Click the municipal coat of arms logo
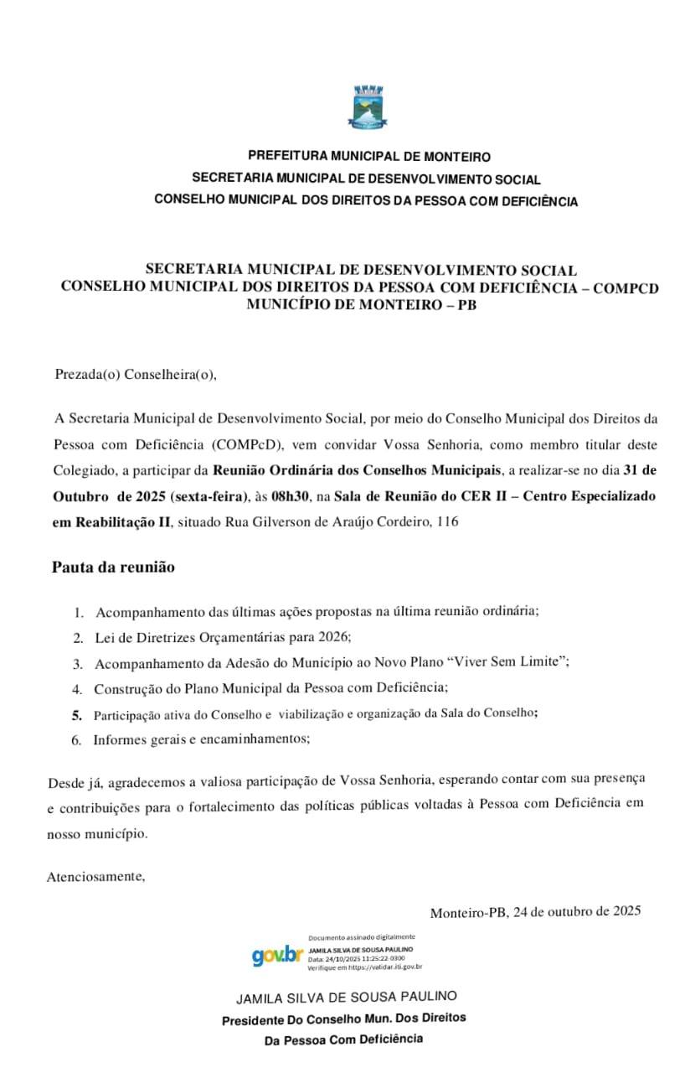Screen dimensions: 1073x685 [366, 107]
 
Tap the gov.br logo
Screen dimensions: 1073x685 [277, 955]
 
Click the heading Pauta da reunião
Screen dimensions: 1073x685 [113, 568]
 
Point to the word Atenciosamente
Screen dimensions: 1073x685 [96, 877]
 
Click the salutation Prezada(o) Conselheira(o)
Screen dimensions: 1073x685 [136, 375]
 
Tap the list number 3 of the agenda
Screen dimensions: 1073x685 [77, 664]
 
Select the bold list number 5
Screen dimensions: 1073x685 [77, 715]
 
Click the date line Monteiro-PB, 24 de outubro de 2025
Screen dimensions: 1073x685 [535, 912]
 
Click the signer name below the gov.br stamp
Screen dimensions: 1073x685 [347, 998]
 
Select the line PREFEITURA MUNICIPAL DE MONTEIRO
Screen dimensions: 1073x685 [369, 157]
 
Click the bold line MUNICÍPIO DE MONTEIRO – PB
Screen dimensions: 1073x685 [361, 304]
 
